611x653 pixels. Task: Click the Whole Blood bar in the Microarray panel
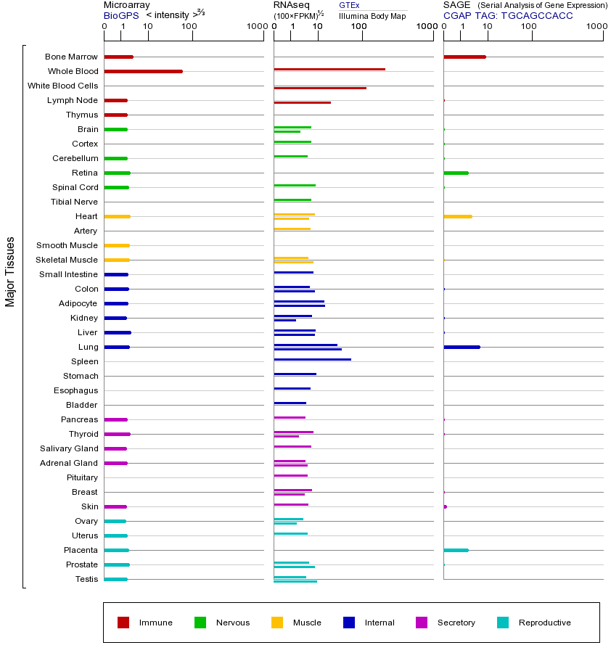(x=143, y=71)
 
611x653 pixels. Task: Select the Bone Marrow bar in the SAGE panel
(x=464, y=57)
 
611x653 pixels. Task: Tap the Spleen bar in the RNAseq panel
(x=312, y=359)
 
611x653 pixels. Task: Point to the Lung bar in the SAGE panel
(x=462, y=347)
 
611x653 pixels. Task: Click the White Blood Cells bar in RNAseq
(x=320, y=88)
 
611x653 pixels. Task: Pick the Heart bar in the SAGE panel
(x=457, y=216)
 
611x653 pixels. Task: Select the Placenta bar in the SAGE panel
(x=456, y=550)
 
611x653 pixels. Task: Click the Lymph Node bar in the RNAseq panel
(x=302, y=102)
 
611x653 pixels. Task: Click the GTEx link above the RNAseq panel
(x=349, y=6)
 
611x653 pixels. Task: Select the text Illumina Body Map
(x=372, y=15)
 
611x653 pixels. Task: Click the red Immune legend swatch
(x=123, y=623)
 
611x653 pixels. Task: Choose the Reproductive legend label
(x=545, y=623)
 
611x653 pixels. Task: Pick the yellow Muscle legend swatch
(x=277, y=623)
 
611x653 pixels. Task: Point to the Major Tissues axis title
(x=10, y=271)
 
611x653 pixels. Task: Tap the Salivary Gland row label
(x=69, y=448)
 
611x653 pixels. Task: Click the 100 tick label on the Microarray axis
(x=189, y=27)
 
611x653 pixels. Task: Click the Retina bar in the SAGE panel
(x=456, y=173)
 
